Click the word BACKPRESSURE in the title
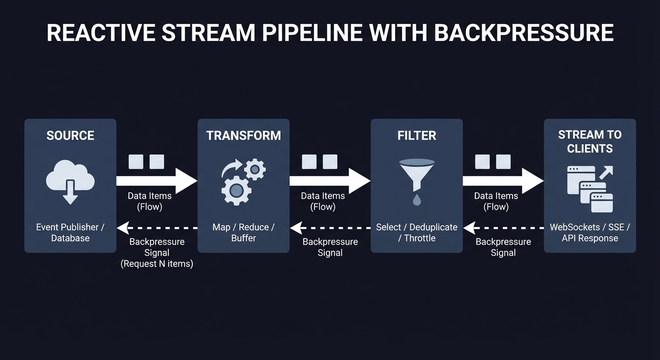[524, 33]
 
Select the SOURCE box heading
[70, 135]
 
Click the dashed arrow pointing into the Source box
[157, 228]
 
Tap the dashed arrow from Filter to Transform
[330, 228]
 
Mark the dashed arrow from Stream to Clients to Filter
[503, 228]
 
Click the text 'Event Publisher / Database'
[70, 232]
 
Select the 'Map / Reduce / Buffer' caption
[243, 232]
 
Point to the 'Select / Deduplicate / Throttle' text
[417, 232]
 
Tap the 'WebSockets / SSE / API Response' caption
[590, 232]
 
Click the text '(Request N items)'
[157, 264]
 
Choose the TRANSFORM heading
[243, 135]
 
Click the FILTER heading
[417, 135]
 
